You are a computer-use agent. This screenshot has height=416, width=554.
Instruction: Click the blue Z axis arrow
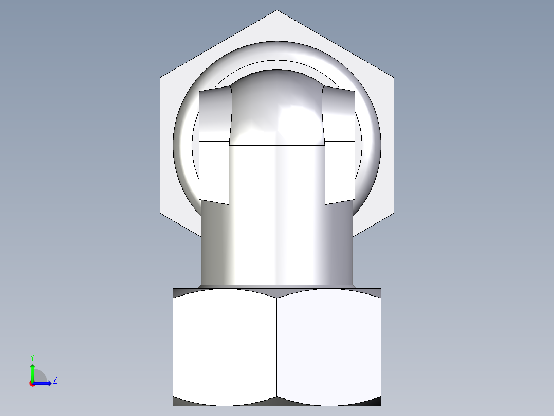pyautogui.click(x=44, y=383)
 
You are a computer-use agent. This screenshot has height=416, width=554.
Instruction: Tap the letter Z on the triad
pyautogui.click(x=54, y=380)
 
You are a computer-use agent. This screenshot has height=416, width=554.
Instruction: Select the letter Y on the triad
pyautogui.click(x=32, y=357)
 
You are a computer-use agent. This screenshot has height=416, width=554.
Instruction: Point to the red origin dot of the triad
pyautogui.click(x=32, y=384)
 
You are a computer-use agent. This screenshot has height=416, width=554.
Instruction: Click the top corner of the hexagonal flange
pyautogui.click(x=277, y=11)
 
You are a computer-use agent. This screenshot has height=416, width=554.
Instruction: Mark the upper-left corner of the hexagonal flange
pyautogui.click(x=160, y=78)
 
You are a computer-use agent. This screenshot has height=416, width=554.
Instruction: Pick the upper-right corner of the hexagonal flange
pyautogui.click(x=394, y=78)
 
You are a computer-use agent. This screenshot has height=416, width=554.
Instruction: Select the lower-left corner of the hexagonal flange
pyautogui.click(x=161, y=212)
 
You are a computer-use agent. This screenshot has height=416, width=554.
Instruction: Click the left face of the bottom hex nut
pyautogui.click(x=225, y=348)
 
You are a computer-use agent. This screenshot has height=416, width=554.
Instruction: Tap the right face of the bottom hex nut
pyautogui.click(x=329, y=348)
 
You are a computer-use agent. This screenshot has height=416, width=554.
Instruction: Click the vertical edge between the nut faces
pyautogui.click(x=277, y=348)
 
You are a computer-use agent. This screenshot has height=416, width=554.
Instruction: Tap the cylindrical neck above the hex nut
pyautogui.click(x=276, y=242)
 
